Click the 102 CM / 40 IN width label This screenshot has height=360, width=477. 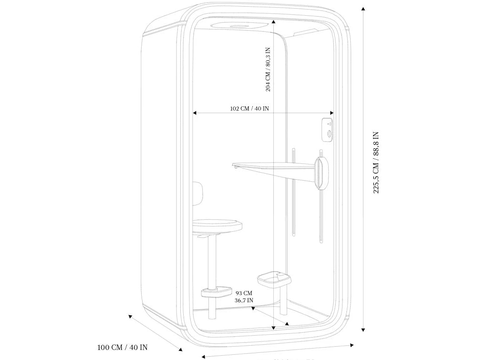coord(249,109)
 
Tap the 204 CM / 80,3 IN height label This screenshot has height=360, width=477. coord(268,69)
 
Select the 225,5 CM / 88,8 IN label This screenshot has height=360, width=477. coord(376,163)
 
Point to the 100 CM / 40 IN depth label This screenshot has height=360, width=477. coord(123,348)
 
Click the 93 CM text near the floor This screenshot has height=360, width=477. coord(244,293)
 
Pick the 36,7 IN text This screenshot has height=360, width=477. coord(244,300)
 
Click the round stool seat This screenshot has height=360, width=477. coord(217,224)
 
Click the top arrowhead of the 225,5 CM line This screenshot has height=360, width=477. coord(363,9)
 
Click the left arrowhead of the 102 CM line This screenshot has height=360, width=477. coord(195,113)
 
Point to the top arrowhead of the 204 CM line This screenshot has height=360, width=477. coord(273,21)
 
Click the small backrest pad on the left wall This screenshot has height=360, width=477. coord(197,193)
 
